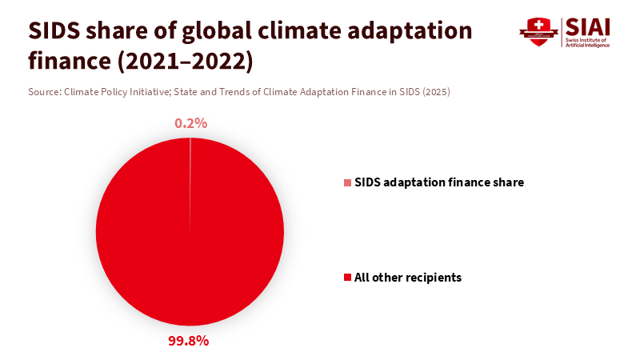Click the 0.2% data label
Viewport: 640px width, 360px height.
coord(191,123)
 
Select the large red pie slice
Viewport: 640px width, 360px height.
coord(190,240)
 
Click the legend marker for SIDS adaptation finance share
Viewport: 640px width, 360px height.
coord(347,183)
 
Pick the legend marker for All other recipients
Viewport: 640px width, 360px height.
coord(347,278)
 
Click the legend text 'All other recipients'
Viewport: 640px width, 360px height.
coord(408,278)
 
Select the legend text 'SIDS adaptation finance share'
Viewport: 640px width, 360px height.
coord(439,182)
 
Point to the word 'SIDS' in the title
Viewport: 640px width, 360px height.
coord(58,31)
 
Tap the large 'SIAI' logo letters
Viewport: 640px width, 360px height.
coord(588,26)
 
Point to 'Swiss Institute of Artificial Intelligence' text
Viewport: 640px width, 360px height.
coord(588,42)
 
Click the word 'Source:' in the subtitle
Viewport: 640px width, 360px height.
coord(44,92)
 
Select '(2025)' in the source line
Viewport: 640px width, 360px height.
coord(437,92)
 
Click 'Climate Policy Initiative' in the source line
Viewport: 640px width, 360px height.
coord(116,92)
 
